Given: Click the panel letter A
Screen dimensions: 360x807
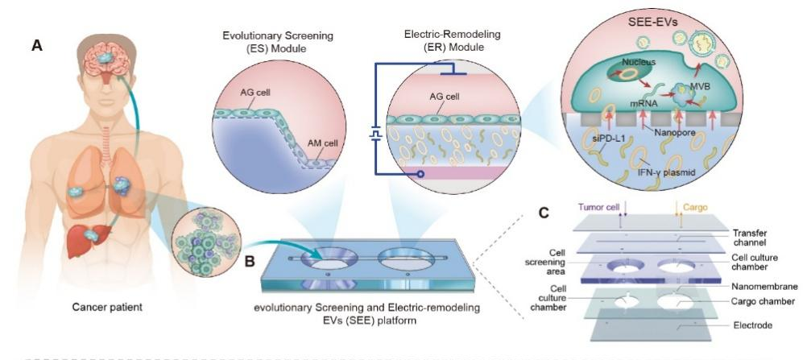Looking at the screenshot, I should click(x=36, y=46).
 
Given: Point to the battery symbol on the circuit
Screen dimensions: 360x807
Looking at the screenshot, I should click(x=374, y=134).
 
